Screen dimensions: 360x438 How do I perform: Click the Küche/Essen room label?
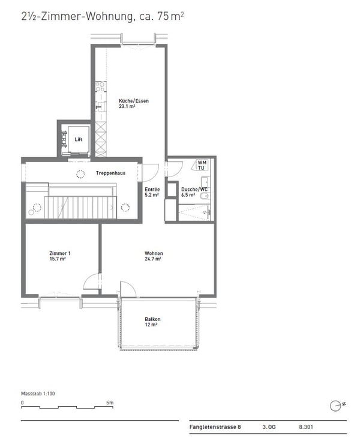click(133, 101)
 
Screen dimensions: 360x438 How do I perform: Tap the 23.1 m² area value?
click(127, 106)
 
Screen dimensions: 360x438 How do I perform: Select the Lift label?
click(79, 139)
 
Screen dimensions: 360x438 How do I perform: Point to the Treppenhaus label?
click(110, 173)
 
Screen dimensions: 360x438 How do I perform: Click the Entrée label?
click(152, 190)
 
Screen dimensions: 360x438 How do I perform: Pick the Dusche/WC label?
click(194, 190)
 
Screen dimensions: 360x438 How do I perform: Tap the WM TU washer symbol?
click(200, 165)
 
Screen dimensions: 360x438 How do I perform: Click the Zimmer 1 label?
click(60, 253)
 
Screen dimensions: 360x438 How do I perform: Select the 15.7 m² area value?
click(58, 259)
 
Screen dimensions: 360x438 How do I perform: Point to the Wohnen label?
click(154, 253)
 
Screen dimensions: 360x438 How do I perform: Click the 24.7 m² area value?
click(153, 259)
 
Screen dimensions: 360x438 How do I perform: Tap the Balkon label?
click(152, 319)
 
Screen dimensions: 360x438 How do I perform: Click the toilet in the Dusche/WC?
click(205, 196)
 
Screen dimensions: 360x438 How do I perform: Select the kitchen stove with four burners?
click(100, 87)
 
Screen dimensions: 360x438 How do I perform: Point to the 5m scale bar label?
click(110, 403)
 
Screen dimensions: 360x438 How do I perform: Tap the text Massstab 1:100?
click(38, 394)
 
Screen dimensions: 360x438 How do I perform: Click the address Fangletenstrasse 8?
click(215, 427)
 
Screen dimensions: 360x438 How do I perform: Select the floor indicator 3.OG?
click(269, 427)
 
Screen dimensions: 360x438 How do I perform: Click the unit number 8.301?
click(306, 427)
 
